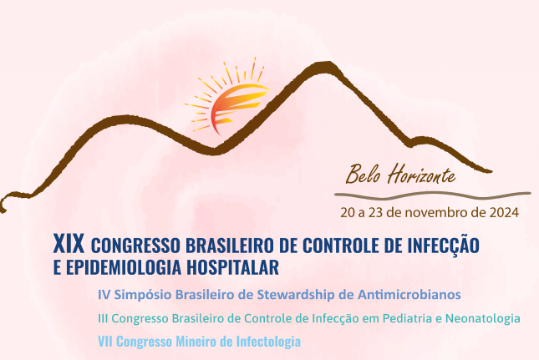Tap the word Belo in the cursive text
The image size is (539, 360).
click(363, 174)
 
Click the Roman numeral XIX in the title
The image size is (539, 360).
click(69, 244)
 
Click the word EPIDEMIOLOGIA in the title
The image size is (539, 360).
click(124, 267)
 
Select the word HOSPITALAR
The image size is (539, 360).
click(232, 267)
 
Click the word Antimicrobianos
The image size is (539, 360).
click(409, 295)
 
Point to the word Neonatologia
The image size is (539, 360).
click(483, 319)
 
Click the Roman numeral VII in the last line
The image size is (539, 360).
click(105, 342)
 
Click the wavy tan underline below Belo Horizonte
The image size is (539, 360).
click(433, 195)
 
